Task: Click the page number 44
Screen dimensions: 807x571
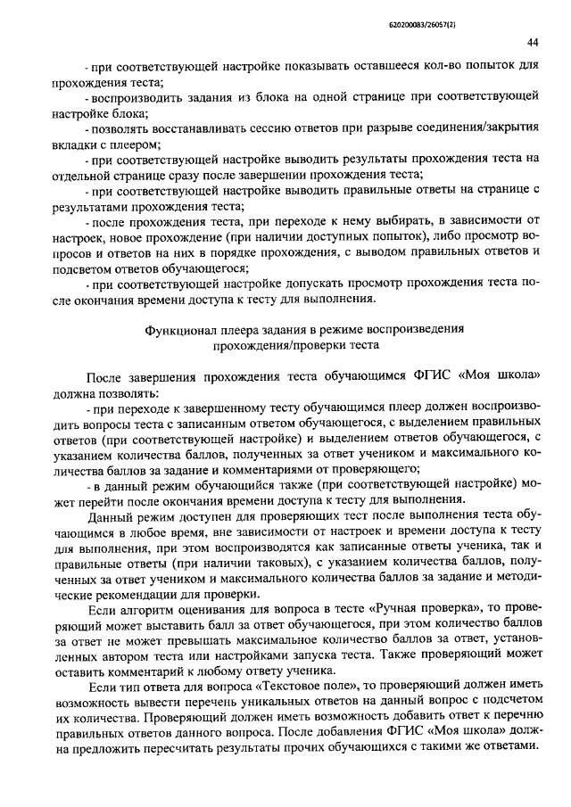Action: [533, 42]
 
